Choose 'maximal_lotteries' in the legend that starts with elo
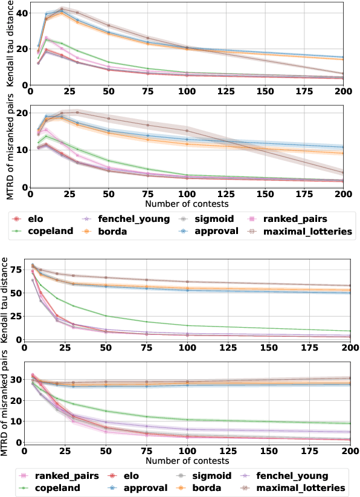click(x=300, y=230)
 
